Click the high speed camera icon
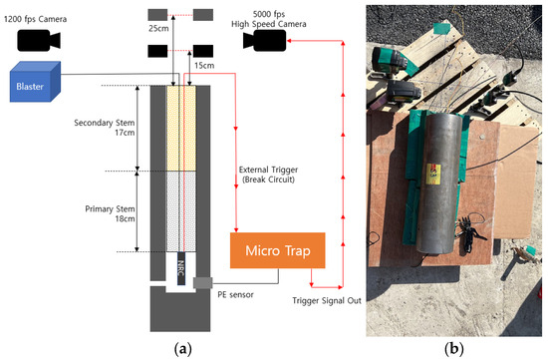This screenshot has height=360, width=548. pyautogui.click(x=264, y=40)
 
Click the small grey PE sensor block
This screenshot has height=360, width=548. pyautogui.click(x=202, y=282)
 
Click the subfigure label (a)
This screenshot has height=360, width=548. pyautogui.click(x=181, y=349)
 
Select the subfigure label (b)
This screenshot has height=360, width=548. pyautogui.click(x=455, y=349)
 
